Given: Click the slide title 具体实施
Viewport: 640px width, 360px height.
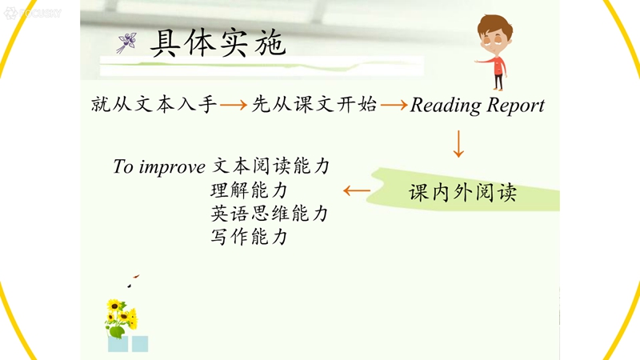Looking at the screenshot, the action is click(218, 43).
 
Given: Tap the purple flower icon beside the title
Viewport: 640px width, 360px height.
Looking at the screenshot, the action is click(126, 43).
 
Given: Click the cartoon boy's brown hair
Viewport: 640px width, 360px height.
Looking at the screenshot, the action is click(495, 26).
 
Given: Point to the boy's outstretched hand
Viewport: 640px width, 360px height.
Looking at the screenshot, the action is click(478, 62).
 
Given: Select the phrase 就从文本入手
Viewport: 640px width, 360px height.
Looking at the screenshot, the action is click(154, 104).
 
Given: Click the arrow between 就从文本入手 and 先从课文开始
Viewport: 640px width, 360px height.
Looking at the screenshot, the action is click(234, 105).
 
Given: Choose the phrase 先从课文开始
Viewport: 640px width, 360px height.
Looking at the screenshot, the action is click(314, 104).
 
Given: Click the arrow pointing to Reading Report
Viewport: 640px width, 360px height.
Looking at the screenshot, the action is click(394, 105).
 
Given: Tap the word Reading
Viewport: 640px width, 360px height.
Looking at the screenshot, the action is click(446, 106).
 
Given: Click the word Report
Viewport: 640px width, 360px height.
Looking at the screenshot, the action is click(516, 106).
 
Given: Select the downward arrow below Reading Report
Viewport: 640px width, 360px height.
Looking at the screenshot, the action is click(458, 144).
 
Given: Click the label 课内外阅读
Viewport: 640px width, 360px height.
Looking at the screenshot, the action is click(463, 192).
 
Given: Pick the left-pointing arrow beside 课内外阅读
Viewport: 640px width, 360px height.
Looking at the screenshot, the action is click(357, 190).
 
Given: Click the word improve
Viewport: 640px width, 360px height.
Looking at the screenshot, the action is click(172, 167).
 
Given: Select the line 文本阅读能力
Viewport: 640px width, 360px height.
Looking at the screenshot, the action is click(271, 166).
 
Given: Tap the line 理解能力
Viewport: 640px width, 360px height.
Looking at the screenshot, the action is click(250, 190).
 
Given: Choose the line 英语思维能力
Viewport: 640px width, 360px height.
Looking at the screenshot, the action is click(270, 214).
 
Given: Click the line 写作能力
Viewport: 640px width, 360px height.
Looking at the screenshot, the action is click(250, 237).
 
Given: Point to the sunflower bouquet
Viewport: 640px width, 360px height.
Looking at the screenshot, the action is click(122, 318).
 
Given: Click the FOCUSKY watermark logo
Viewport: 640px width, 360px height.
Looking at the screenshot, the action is click(33, 13).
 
